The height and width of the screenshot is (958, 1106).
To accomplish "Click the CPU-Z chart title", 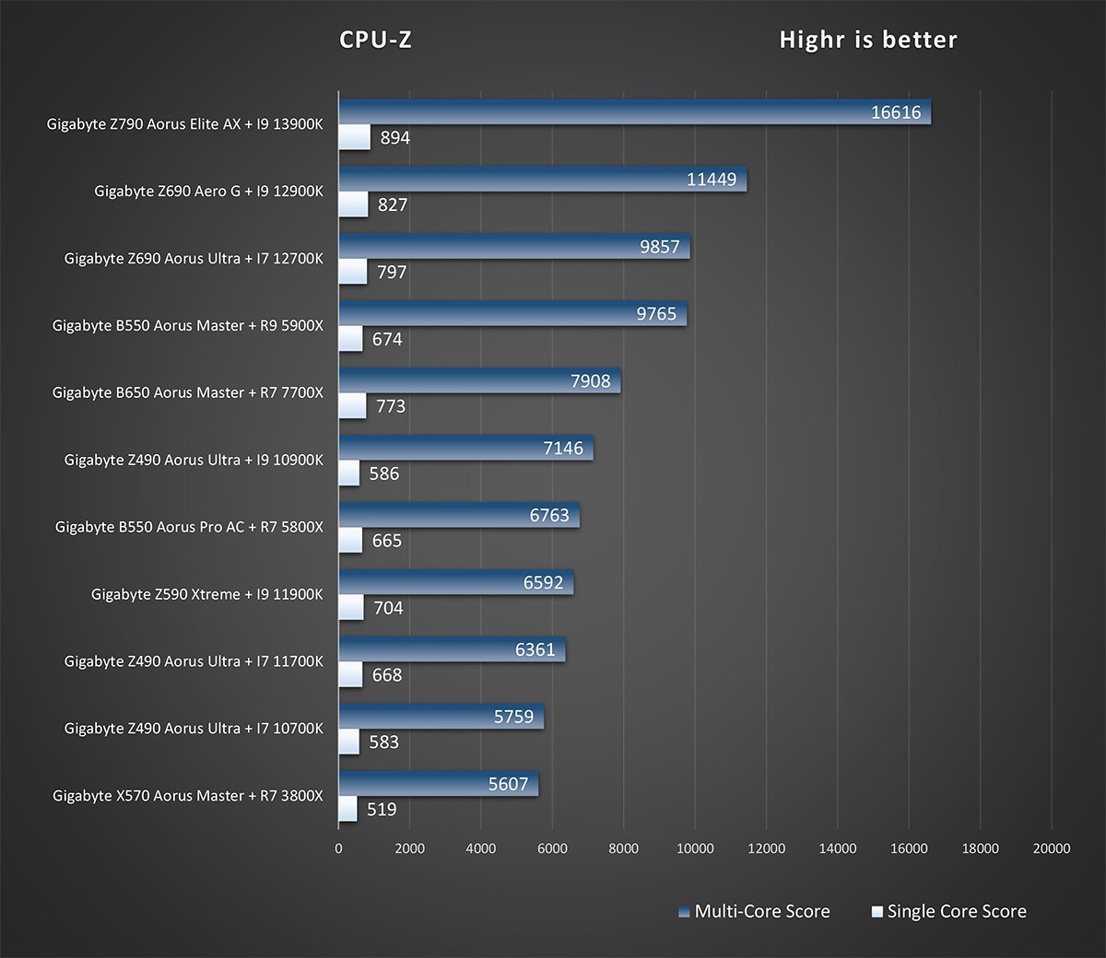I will (x=375, y=40).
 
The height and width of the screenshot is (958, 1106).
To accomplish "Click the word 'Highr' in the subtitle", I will (x=812, y=40).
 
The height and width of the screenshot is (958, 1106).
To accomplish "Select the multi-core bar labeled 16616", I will (x=634, y=111).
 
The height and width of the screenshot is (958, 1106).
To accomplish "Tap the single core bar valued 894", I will (x=355, y=137).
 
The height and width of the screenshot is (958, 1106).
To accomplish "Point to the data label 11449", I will (x=712, y=180).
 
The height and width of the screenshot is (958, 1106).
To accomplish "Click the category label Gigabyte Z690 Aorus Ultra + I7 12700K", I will (x=194, y=259).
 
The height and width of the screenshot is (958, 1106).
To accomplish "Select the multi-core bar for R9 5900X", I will (x=512, y=313).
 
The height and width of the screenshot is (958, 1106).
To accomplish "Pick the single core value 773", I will (x=391, y=406).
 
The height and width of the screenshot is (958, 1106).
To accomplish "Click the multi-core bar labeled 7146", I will (x=465, y=448).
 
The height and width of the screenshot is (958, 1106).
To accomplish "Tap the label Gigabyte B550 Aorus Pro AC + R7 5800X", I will (x=189, y=527).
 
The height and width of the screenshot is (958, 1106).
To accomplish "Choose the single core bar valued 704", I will (x=351, y=607).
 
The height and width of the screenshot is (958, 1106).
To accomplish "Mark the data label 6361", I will (x=535, y=649).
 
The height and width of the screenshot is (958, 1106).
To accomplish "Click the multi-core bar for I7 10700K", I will (x=441, y=716).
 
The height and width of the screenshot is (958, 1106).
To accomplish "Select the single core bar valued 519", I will (x=347, y=809).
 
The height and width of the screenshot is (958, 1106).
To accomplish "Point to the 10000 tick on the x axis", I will (x=695, y=848).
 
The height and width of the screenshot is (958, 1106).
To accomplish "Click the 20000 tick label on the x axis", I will (x=1052, y=848).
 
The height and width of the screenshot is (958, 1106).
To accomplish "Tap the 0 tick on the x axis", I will (x=339, y=848).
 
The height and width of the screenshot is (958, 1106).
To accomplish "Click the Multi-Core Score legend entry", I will (x=754, y=912).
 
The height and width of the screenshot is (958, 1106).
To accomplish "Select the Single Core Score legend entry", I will (x=948, y=912).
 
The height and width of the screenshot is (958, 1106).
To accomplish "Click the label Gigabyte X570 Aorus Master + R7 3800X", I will (x=188, y=796).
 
